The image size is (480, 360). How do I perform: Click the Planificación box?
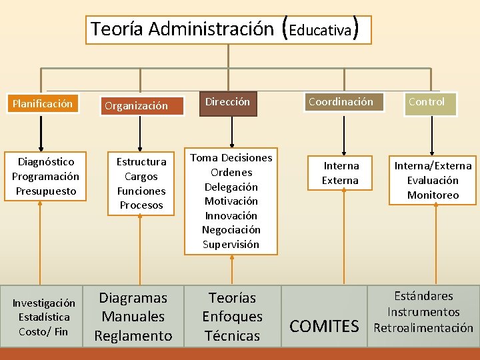[42, 104]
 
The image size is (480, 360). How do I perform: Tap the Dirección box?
[228, 102]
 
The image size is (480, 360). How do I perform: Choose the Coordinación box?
[341, 102]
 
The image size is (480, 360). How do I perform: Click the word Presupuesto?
[45, 191]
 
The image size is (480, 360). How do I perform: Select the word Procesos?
[141, 205]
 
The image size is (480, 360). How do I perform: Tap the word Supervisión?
[231, 244]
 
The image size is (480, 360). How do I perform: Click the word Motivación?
[231, 201]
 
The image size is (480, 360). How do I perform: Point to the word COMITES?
[324, 327]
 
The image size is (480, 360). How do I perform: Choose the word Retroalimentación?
[423, 327]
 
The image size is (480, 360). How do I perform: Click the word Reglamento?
[133, 336]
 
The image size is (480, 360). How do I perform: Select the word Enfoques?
[232, 317]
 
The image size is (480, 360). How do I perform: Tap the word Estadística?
[44, 317]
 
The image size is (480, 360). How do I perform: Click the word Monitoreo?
[433, 195]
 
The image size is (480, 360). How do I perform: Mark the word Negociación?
[231, 230]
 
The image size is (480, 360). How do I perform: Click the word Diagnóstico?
[45, 162]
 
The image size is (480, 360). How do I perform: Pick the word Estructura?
[141, 162]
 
